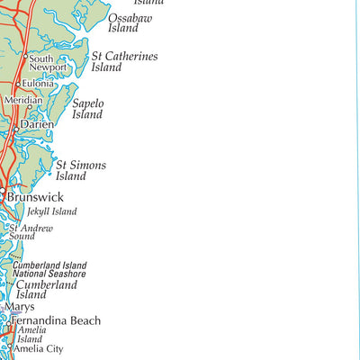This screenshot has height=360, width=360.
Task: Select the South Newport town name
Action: tap(48, 63)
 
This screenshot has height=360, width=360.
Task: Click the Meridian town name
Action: tap(22, 101)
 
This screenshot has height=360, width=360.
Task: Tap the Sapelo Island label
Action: tap(88, 109)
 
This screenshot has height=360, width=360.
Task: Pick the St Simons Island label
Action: tap(81, 171)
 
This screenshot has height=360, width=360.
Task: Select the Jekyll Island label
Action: tap(51, 212)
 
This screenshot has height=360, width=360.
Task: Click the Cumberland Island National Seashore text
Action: tap(49, 269)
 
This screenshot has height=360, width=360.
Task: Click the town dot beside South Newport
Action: tap(25, 58)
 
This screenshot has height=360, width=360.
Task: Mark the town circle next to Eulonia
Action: tap(17, 84)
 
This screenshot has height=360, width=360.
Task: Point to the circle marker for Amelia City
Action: tap(11, 349)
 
